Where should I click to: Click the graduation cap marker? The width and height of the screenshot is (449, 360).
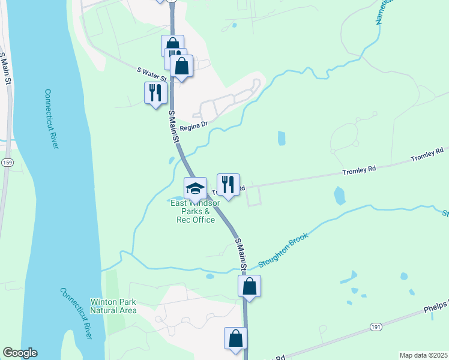pos(195,189)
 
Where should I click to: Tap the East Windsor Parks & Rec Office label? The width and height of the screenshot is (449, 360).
pos(194,211)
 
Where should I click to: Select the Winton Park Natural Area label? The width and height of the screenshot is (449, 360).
pos(113,306)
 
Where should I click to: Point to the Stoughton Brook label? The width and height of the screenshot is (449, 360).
pos(283,250)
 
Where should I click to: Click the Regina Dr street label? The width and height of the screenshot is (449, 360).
pos(193,125)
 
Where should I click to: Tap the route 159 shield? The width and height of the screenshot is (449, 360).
pos(7,163)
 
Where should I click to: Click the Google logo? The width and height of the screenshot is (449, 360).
pos(20,353)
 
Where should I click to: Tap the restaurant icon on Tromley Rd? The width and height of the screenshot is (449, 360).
pos(228,185)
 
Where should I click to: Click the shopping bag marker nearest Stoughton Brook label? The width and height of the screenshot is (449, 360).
pos(250,287)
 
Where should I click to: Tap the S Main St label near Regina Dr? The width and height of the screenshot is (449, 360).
pos(174,127)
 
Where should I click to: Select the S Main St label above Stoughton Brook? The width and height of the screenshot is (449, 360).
pos(241,252)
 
